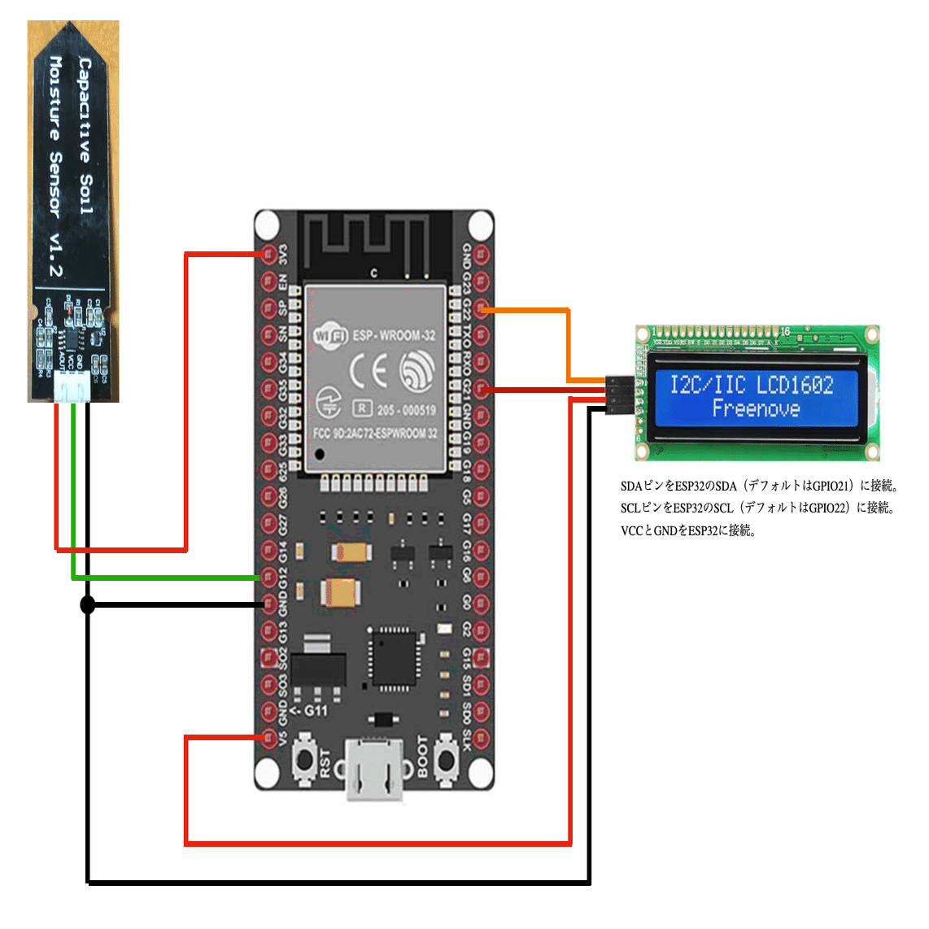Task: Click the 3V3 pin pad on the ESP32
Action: pyautogui.click(x=268, y=255)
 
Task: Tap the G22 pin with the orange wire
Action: pyautogui.click(x=482, y=309)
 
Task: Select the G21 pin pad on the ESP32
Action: pyautogui.click(x=482, y=390)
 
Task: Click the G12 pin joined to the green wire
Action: pyautogui.click(x=268, y=577)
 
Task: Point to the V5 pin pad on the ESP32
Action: pyautogui.click(x=268, y=738)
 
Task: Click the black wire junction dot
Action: pyautogui.click(x=88, y=604)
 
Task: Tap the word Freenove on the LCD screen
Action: pyautogui.click(x=756, y=408)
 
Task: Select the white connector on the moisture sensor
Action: pyautogui.click(x=72, y=391)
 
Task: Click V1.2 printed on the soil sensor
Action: pyautogui.click(x=55, y=255)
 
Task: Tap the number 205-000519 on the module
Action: pyautogui.click(x=406, y=409)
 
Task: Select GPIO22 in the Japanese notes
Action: pyautogui.click(x=827, y=508)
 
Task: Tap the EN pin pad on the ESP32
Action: pyautogui.click(x=268, y=281)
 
